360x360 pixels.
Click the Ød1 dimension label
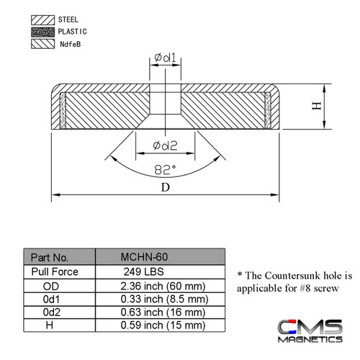pyautogui.click(x=166, y=57)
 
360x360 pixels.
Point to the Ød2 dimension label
pyautogui.click(x=166, y=146)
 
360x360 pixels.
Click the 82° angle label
pyautogui.click(x=166, y=170)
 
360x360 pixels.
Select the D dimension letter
pyautogui.click(x=166, y=188)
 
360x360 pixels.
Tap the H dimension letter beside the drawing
pyautogui.click(x=315, y=106)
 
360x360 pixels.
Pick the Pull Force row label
pyautogui.click(x=55, y=271)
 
